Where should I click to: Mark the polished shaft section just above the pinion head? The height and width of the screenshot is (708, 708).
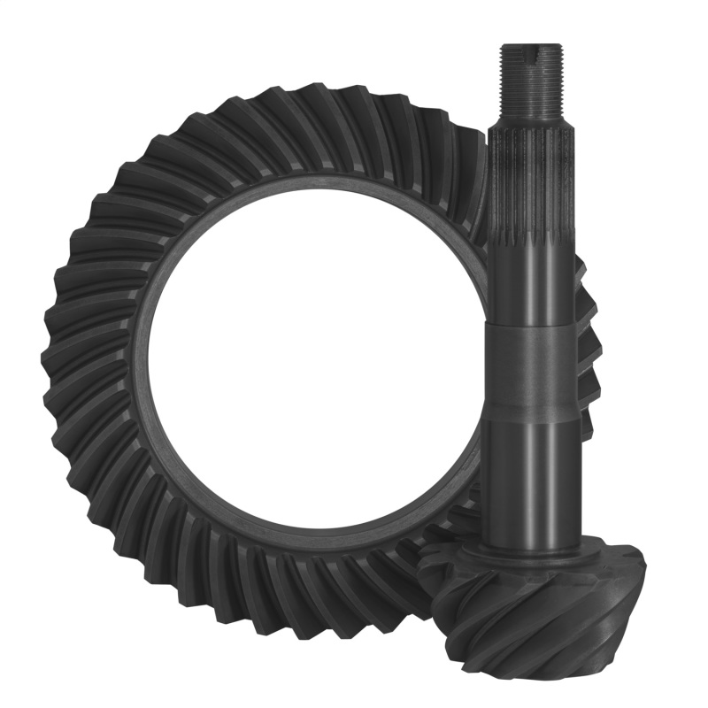(530, 478)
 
